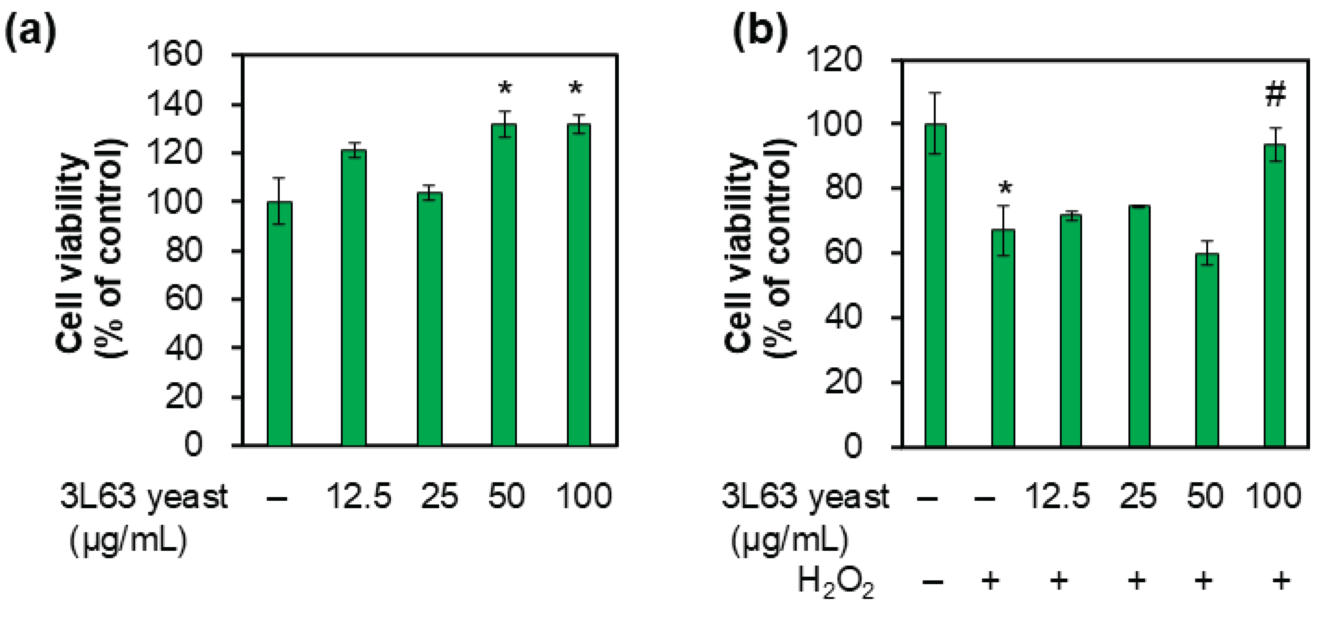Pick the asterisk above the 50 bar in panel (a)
click(x=505, y=88)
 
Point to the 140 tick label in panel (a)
click(x=174, y=105)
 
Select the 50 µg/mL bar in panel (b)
click(x=1207, y=350)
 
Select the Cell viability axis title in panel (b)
click(x=758, y=251)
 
